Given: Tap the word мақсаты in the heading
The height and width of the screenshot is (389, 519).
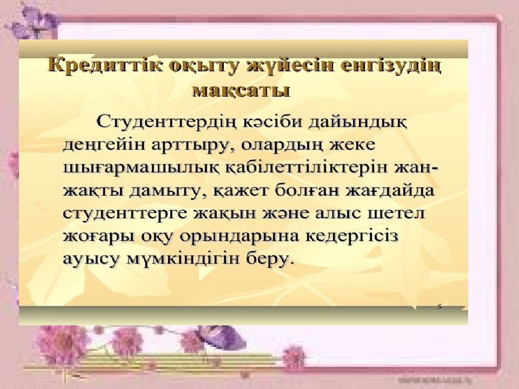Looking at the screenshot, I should click(x=241, y=89).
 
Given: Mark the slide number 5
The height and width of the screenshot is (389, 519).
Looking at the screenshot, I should click(x=439, y=306).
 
